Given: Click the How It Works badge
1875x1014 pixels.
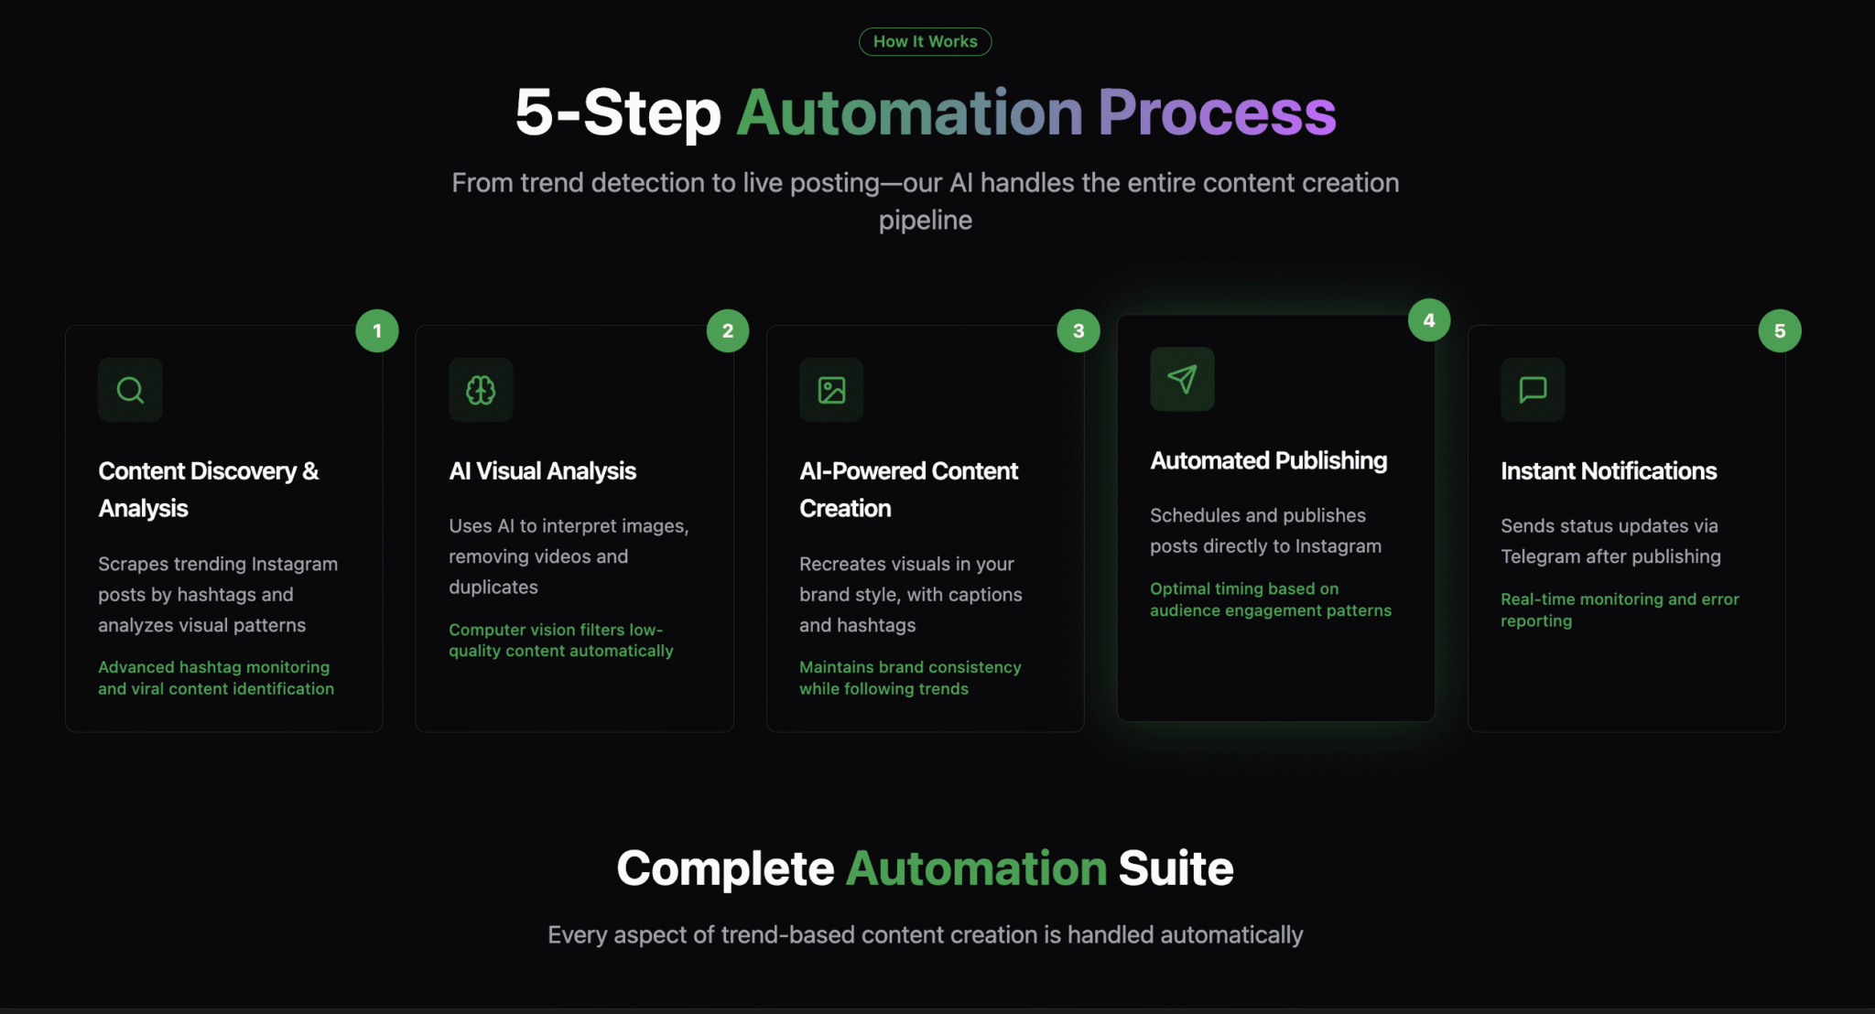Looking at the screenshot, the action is pyautogui.click(x=925, y=41).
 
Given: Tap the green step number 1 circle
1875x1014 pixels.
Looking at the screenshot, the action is pyautogui.click(x=377, y=330).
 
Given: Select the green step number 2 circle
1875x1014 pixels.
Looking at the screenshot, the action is pyautogui.click(x=728, y=330).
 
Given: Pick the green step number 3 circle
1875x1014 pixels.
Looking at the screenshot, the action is pyautogui.click(x=1078, y=330).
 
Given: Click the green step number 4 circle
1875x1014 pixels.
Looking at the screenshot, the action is pyautogui.click(x=1429, y=320).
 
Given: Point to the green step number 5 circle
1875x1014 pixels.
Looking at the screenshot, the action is pyautogui.click(x=1780, y=330).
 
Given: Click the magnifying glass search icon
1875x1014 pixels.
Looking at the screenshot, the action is pyautogui.click(x=130, y=390).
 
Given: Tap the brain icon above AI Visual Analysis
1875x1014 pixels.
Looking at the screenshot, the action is pyautogui.click(x=481, y=390).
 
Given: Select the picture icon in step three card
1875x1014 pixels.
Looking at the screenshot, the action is pyautogui.click(x=831, y=390).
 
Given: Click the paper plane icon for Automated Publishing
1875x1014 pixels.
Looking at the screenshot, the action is pyautogui.click(x=1182, y=379).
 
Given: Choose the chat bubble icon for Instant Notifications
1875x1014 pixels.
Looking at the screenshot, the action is pyautogui.click(x=1533, y=390).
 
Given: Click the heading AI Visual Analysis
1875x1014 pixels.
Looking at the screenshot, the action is pyautogui.click(x=542, y=471).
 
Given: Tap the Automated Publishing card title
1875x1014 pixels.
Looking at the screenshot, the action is pyautogui.click(x=1269, y=460).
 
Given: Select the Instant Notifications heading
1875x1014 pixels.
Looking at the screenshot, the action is pyautogui.click(x=1609, y=471).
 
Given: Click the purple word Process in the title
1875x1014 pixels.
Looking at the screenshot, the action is pyautogui.click(x=1217, y=113).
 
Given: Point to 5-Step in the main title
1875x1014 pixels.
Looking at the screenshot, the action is pyautogui.click(x=618, y=113).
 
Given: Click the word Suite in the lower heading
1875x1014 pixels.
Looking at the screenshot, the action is pyautogui.click(x=1176, y=868).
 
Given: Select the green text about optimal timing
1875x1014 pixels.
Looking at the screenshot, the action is pyautogui.click(x=1271, y=599).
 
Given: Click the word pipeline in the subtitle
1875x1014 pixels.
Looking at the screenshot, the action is pyautogui.click(x=925, y=221).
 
